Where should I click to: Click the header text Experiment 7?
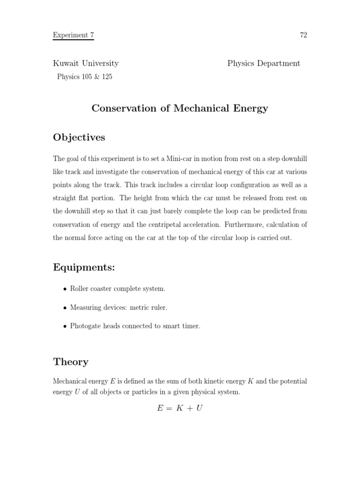coord(73,35)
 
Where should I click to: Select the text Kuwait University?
coord(86,63)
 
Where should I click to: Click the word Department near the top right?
coord(278,63)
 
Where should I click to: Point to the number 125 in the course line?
coord(106,77)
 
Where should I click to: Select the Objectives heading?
coord(79,137)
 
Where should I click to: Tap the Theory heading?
coord(71,361)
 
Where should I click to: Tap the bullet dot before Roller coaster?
coord(65,289)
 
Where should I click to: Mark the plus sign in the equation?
coord(189,409)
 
